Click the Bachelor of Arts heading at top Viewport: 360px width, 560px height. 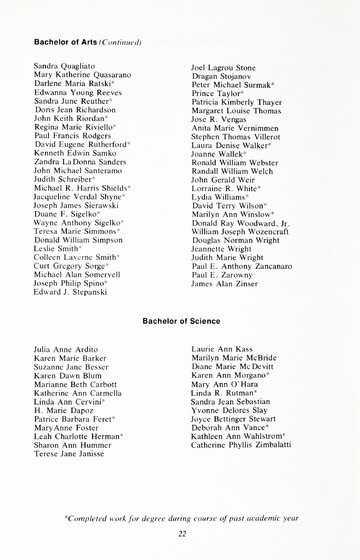[x=70, y=43]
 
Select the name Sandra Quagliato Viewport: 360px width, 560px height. [x=64, y=65]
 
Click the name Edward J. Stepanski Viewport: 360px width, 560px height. [x=70, y=296]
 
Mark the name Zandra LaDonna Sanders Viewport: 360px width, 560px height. [x=79, y=162]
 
